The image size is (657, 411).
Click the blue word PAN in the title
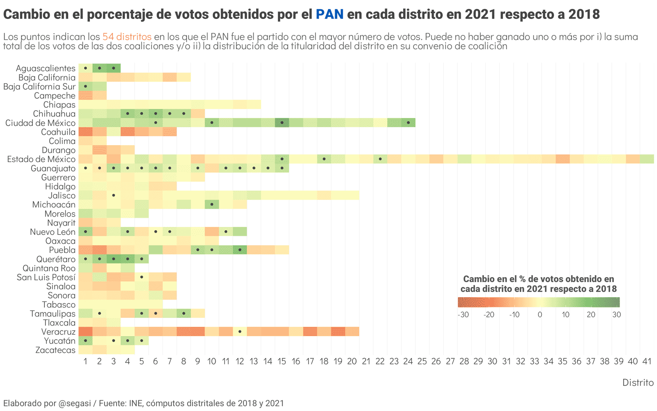[x=329, y=14]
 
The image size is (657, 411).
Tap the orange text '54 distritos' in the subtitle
[x=127, y=37]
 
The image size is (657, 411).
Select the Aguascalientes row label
[x=46, y=68]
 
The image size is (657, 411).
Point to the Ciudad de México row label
[x=40, y=123]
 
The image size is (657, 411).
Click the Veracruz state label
[x=58, y=332]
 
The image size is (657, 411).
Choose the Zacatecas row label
[x=55, y=350]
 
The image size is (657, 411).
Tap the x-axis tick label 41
[x=647, y=361]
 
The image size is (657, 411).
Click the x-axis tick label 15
[x=282, y=361]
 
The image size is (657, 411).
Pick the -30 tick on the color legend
[x=463, y=314]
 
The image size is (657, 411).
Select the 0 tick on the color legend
[x=540, y=314]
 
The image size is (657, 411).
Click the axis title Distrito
[x=638, y=383]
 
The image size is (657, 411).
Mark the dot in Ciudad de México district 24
[x=408, y=122]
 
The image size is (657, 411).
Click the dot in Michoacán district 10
[x=212, y=204]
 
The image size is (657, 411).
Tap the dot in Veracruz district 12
[x=240, y=331]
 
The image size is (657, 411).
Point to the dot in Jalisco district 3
[x=113, y=195]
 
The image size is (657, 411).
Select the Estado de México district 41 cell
[x=647, y=159]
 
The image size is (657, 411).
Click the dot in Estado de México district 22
[x=380, y=159]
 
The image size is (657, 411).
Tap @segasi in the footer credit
[x=75, y=403]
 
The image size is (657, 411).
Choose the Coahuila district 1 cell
[x=85, y=132]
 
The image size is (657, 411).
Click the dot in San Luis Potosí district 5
[x=142, y=277]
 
